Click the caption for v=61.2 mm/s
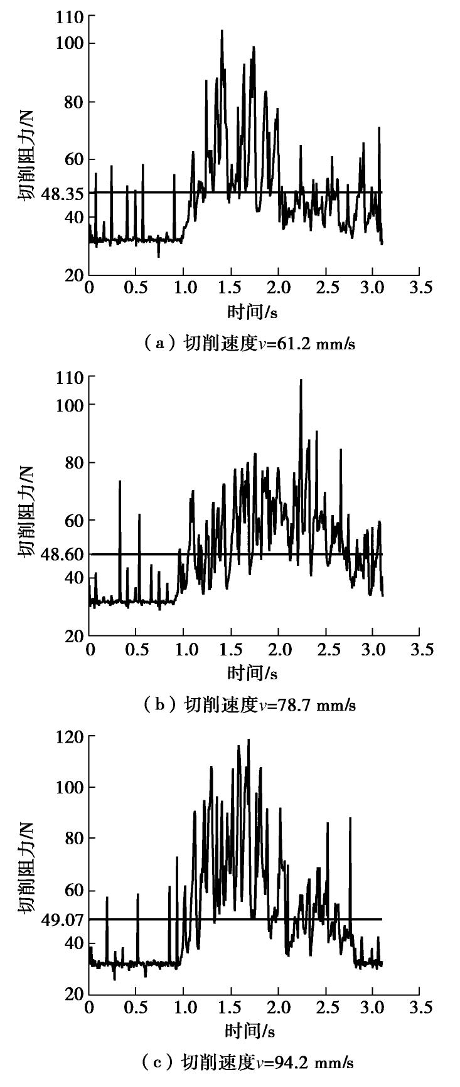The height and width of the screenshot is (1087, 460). pos(249,344)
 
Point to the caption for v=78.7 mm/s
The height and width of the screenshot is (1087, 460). pos(249,704)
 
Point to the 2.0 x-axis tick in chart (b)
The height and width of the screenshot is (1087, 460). pos(279,649)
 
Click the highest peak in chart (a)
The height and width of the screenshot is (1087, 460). pos(222,31)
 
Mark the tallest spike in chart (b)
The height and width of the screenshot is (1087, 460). pos(301,380)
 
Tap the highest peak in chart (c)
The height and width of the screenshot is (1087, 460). pos(249,740)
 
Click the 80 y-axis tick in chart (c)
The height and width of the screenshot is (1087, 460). pos(73,839)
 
